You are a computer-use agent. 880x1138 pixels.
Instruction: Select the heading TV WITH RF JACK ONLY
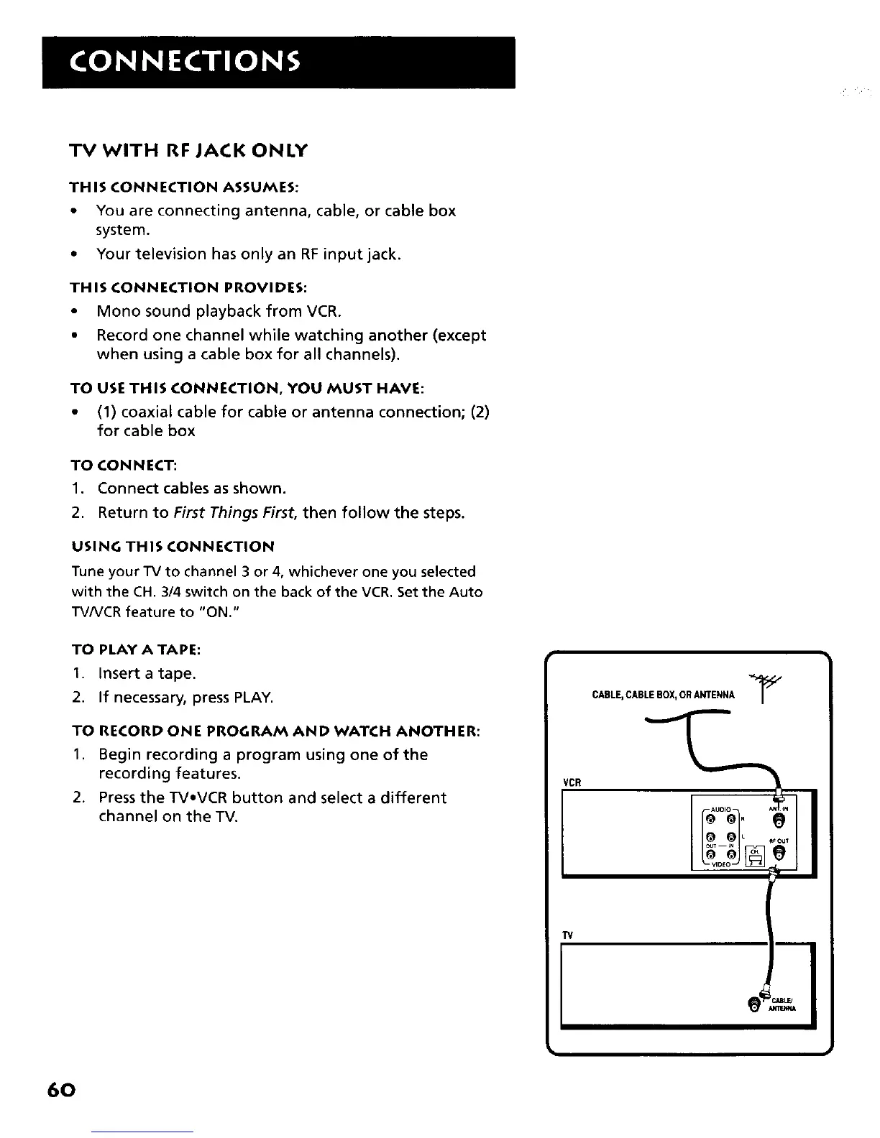pyautogui.click(x=188, y=151)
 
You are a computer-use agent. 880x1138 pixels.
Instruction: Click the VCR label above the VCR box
pyautogui.click(x=572, y=782)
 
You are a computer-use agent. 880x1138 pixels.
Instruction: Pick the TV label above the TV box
pyautogui.click(x=567, y=935)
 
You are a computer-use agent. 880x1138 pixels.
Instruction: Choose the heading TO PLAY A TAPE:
pyautogui.click(x=135, y=649)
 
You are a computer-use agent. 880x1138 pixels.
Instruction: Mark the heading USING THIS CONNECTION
pyautogui.click(x=172, y=546)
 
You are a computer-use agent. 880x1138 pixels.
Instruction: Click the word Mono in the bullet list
pyautogui.click(x=119, y=311)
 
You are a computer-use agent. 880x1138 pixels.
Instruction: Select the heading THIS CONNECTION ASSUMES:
pyautogui.click(x=183, y=187)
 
